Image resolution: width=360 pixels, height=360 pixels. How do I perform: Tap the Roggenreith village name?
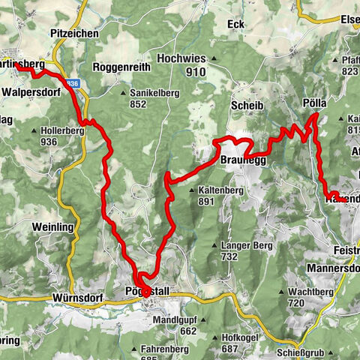(x=121, y=67)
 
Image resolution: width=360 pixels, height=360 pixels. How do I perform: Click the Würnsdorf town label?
(x=78, y=298)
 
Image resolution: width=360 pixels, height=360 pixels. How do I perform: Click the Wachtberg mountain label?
(x=308, y=290)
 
